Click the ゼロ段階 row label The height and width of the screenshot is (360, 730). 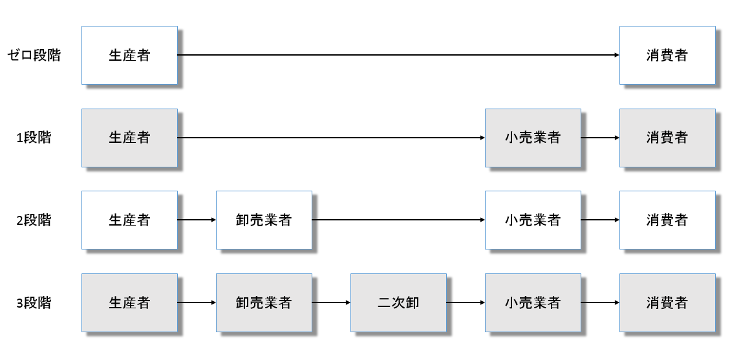click(x=34, y=56)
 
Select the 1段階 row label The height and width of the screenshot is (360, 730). click(x=34, y=138)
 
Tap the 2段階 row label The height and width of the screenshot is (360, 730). click(x=34, y=220)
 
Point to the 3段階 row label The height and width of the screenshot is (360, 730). click(x=34, y=302)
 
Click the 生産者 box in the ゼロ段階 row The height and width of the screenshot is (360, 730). click(x=129, y=56)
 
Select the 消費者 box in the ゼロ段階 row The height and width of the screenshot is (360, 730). click(x=667, y=56)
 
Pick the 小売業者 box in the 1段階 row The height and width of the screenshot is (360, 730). click(x=533, y=138)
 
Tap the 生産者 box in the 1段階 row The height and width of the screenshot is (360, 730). click(x=129, y=138)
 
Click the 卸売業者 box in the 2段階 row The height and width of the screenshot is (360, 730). click(x=264, y=220)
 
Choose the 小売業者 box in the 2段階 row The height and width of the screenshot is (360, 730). click(x=533, y=220)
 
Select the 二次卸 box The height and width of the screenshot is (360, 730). click(x=398, y=302)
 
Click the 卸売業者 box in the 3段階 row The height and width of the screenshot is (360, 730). click(x=264, y=302)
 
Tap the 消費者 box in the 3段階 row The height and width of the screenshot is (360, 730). click(x=667, y=302)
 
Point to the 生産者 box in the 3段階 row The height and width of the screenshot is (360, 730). click(x=129, y=302)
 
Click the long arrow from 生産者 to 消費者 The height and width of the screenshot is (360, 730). click(x=398, y=56)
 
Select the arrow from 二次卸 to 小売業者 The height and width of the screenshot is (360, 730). click(x=466, y=302)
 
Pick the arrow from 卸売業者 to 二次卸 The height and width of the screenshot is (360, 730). click(x=331, y=302)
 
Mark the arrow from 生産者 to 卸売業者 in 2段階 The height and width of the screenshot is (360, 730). click(x=197, y=220)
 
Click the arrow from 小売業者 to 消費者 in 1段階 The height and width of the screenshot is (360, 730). click(x=600, y=138)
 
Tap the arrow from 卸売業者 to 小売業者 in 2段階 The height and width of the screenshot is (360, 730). click(x=398, y=220)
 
